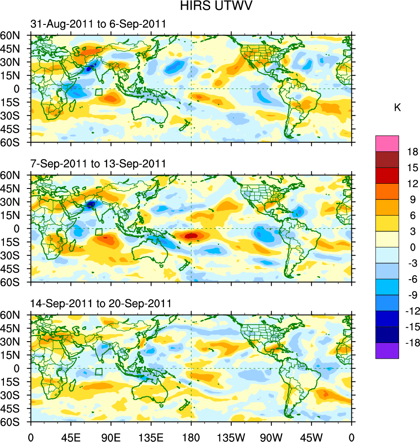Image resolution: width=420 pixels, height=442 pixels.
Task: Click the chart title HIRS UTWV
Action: click(210, 6)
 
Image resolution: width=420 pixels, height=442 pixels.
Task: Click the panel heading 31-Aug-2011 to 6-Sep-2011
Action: click(98, 24)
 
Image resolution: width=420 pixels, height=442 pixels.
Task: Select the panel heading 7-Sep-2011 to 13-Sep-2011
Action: click(98, 164)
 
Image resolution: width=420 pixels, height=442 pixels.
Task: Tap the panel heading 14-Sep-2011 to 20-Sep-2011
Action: click(101, 304)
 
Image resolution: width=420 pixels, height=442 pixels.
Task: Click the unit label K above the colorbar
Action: click(397, 108)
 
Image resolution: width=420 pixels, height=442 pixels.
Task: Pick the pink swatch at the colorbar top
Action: click(387, 143)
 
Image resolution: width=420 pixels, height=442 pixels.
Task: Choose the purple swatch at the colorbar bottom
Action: click(387, 350)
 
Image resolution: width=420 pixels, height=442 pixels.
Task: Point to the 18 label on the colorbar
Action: click(413, 152)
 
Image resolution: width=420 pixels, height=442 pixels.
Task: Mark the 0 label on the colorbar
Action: click(410, 247)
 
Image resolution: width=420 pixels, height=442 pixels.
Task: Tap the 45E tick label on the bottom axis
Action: click(71, 436)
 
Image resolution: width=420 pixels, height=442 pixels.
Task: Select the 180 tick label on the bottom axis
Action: click(191, 436)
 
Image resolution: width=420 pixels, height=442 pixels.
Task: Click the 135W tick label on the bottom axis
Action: click(231, 436)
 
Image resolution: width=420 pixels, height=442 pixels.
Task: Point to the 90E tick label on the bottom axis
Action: click(111, 436)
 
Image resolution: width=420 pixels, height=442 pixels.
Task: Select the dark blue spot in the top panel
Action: click(89, 68)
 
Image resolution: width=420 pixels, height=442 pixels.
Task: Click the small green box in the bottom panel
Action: click(99, 371)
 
